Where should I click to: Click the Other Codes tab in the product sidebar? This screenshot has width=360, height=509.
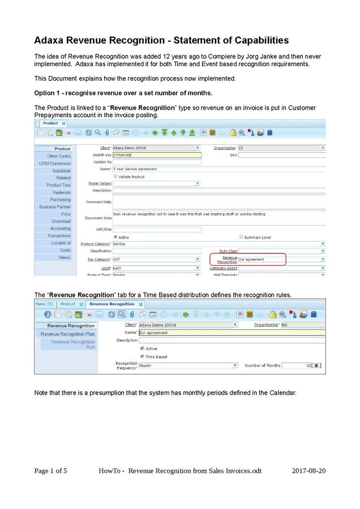tap(59, 156)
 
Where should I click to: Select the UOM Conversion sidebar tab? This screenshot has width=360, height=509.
tap(55, 163)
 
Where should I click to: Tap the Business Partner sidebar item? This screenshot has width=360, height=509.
tap(55, 207)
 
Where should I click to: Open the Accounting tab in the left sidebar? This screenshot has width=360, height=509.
tap(61, 228)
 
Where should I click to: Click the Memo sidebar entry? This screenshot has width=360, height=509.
tap(65, 257)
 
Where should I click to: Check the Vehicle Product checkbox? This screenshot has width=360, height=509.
tap(116, 176)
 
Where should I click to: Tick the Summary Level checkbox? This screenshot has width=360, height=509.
tap(242, 237)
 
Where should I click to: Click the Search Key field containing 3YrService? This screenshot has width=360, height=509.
tap(157, 154)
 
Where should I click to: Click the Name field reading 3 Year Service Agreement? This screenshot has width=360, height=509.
tap(218, 169)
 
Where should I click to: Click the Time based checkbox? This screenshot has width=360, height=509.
tap(142, 357)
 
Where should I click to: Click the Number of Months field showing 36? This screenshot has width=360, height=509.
tap(297, 365)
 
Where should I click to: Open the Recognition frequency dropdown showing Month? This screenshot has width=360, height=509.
tap(187, 365)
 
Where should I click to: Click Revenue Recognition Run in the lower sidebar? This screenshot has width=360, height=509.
tap(73, 344)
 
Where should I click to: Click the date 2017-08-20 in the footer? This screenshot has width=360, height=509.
tap(309, 471)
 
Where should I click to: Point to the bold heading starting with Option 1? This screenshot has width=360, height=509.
tap(123, 93)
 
